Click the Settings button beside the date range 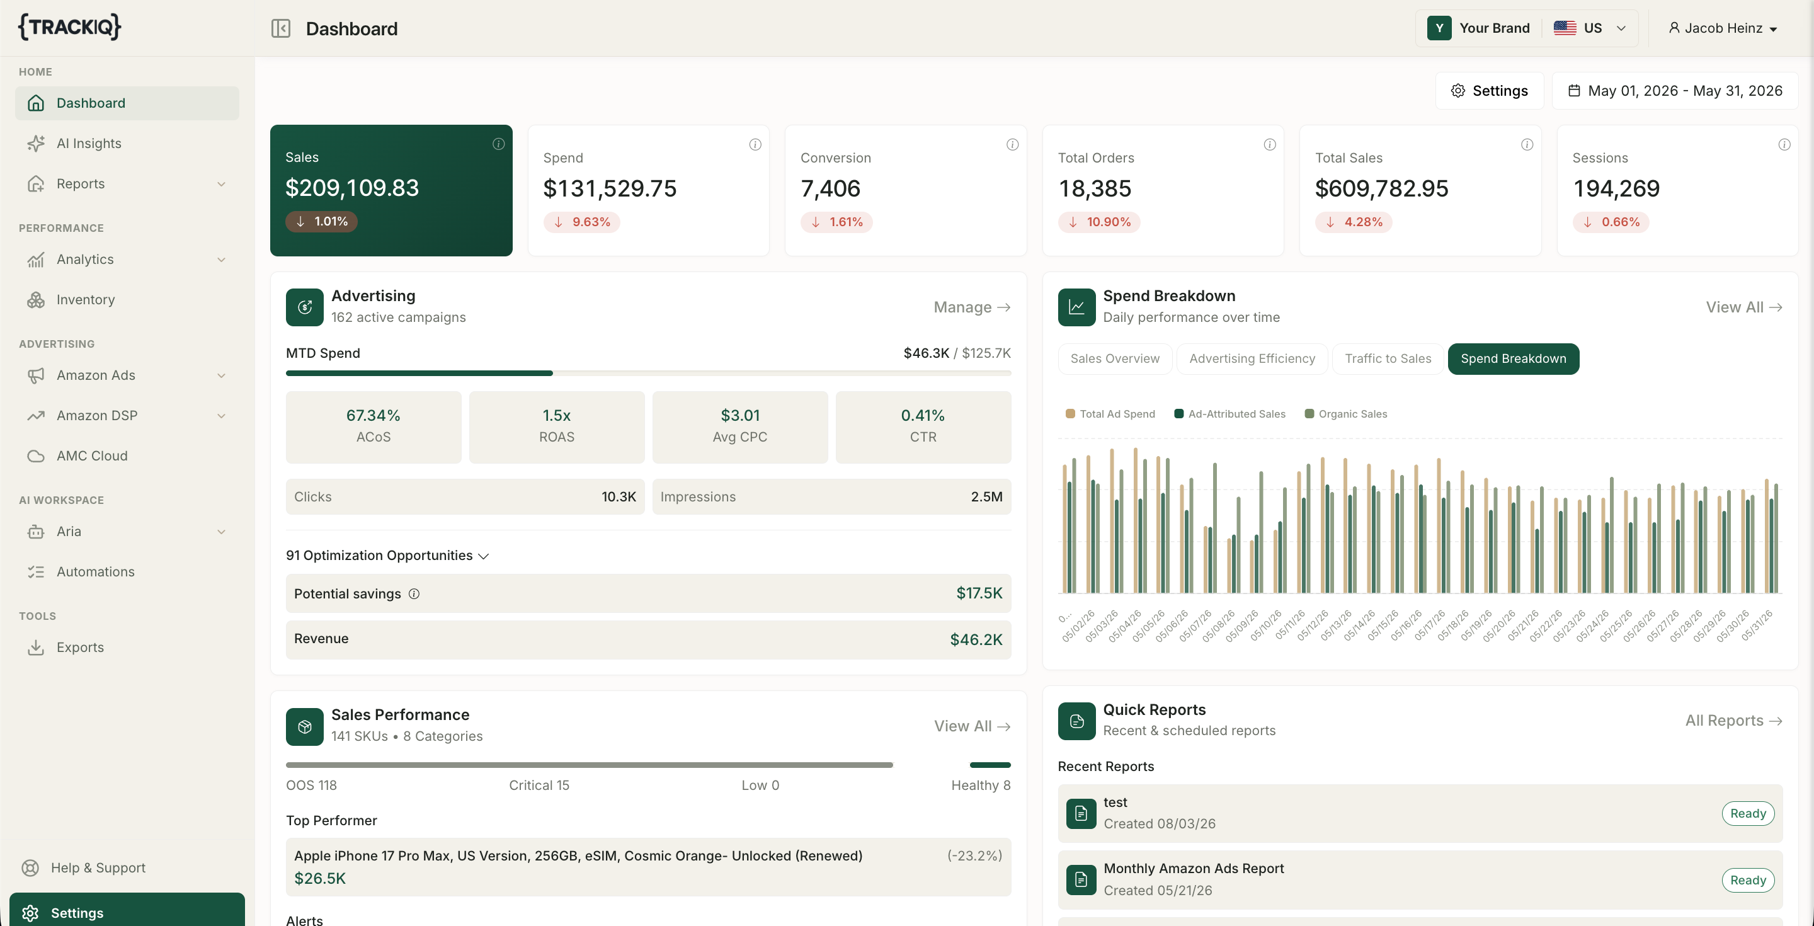point(1490,91)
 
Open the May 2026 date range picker point(1675,91)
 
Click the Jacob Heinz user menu point(1723,28)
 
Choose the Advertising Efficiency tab point(1252,358)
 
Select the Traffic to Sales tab point(1387,358)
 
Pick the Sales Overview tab point(1115,358)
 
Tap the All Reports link point(1733,721)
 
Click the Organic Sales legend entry point(1346,414)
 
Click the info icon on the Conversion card point(1012,144)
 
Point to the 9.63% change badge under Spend point(581,222)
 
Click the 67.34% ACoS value point(374,416)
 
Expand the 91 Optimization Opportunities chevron point(483,556)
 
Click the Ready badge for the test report point(1748,813)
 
